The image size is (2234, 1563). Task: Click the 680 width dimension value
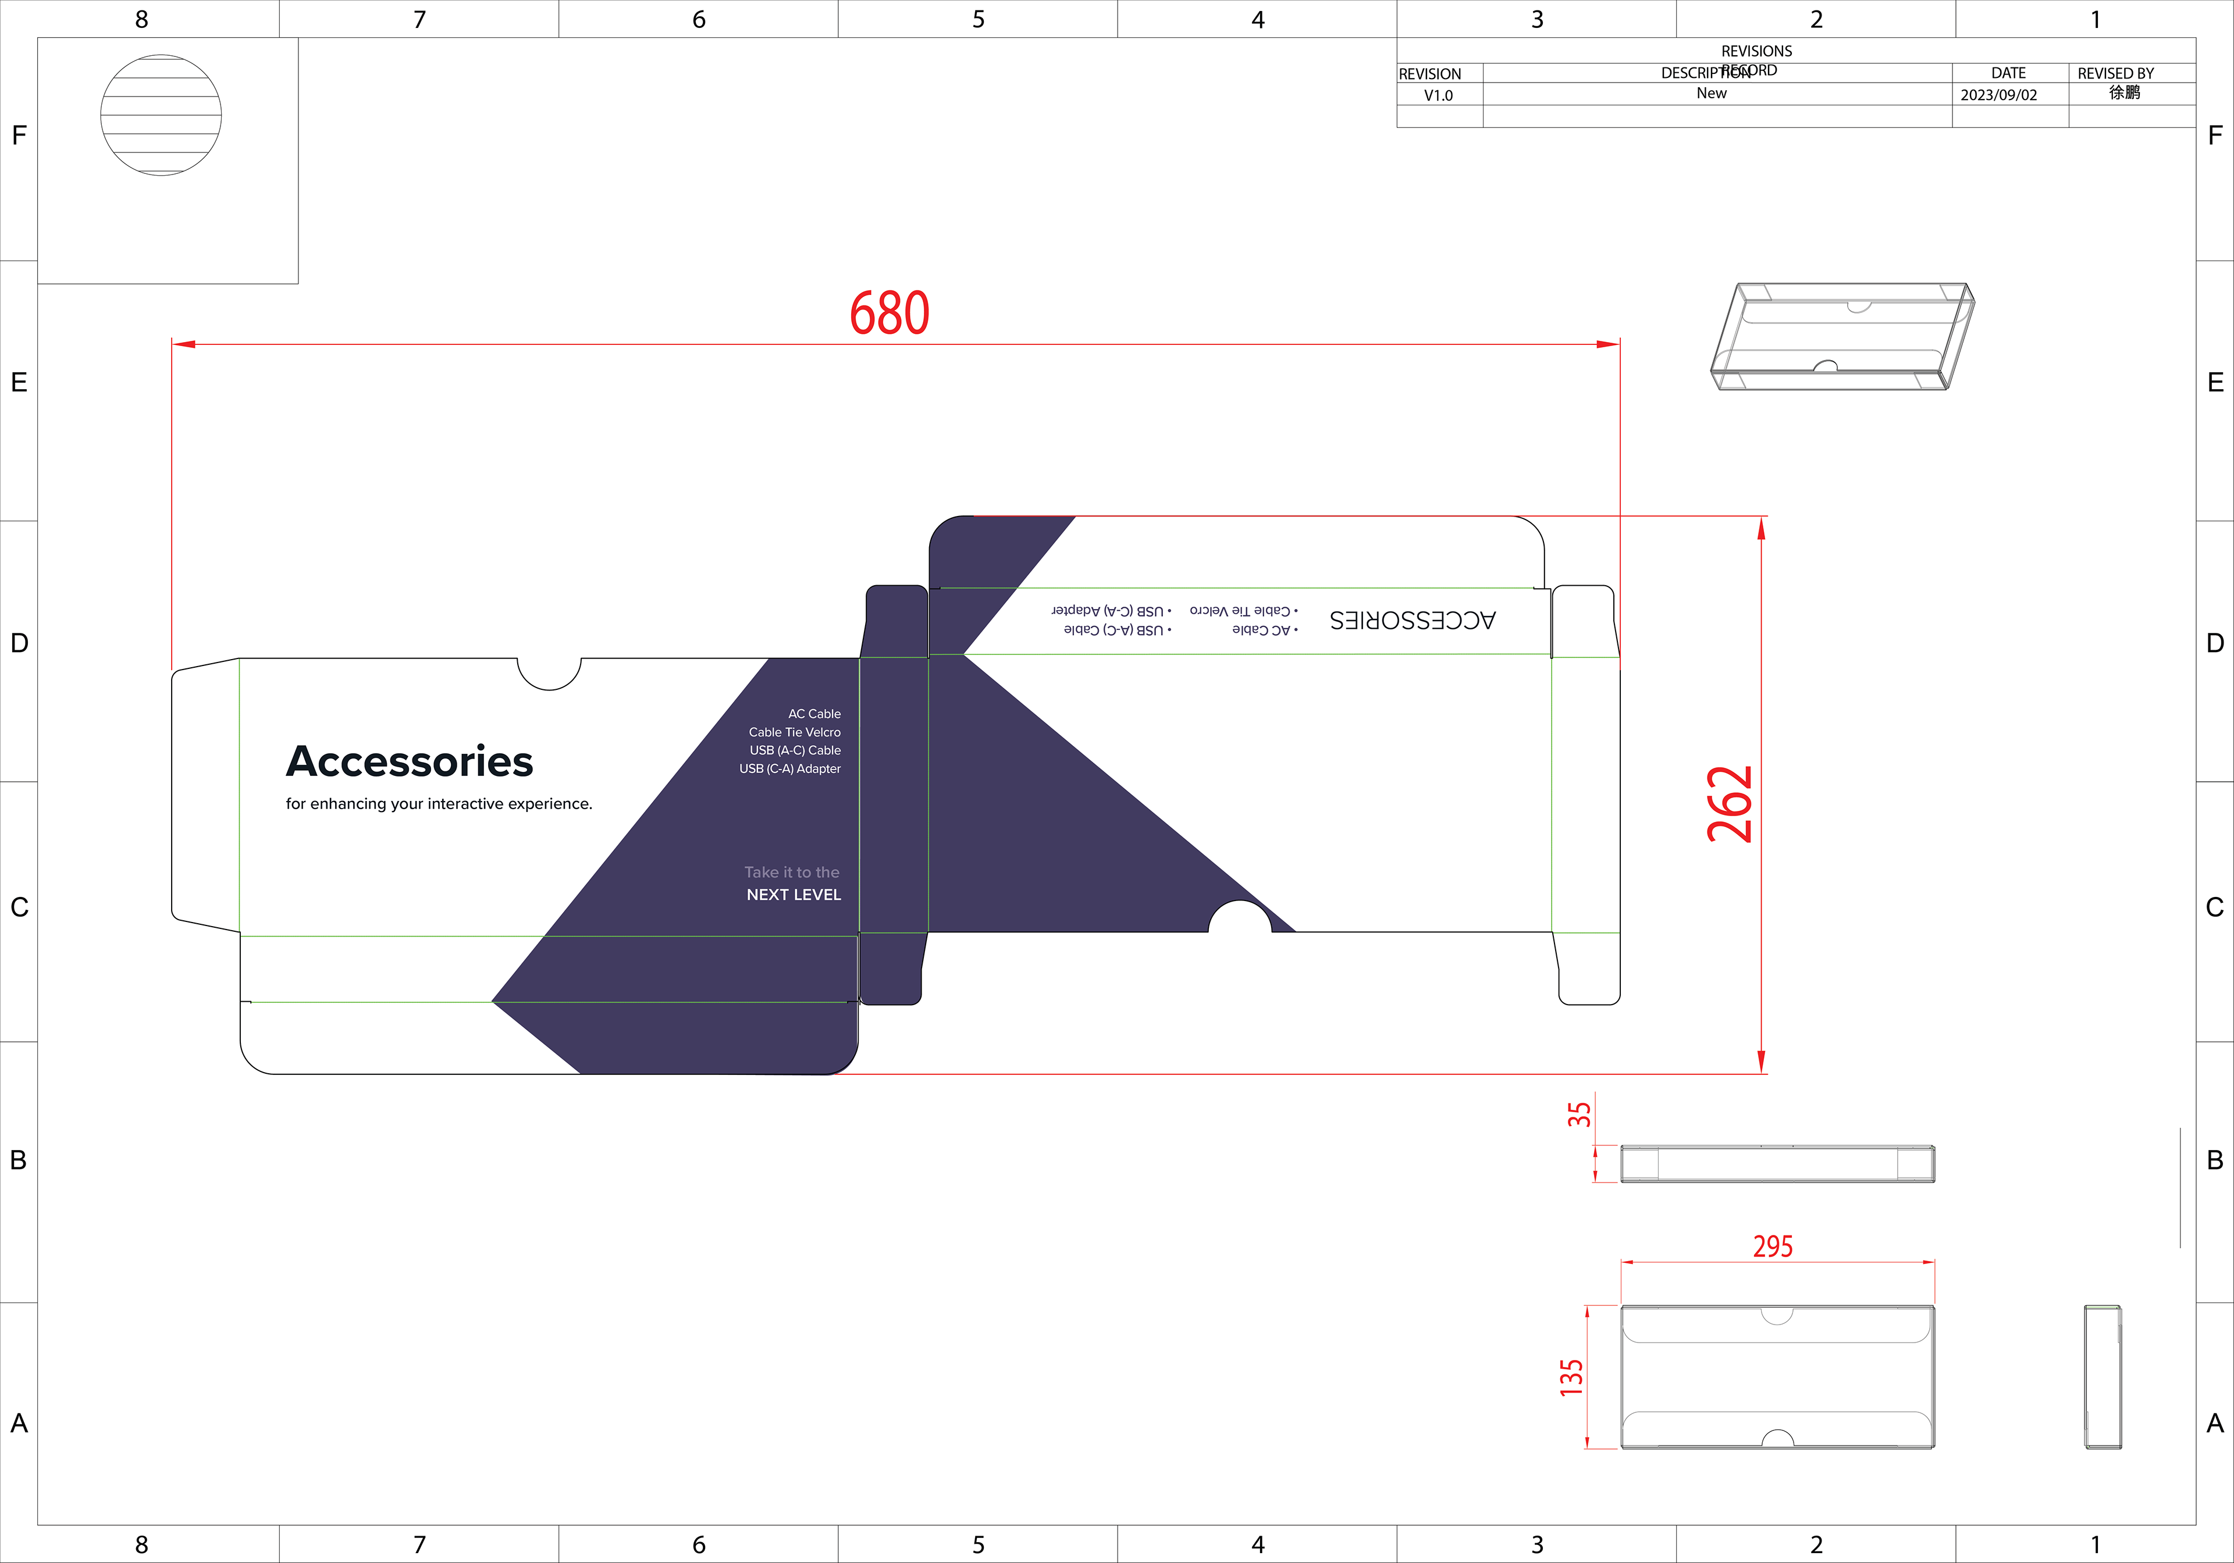tap(890, 313)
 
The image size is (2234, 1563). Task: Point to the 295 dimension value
tap(1773, 1246)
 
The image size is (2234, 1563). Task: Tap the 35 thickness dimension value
tap(1579, 1115)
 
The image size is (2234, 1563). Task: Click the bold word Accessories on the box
tap(410, 761)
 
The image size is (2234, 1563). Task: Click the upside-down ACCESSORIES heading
tap(1412, 619)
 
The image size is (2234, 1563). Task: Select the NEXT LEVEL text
tap(793, 895)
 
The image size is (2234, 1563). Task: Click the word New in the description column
tap(1712, 94)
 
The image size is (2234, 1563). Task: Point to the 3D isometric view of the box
tap(1842, 337)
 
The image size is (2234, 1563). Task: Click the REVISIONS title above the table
tap(1756, 51)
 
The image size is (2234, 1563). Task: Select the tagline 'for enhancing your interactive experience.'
tap(439, 803)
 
